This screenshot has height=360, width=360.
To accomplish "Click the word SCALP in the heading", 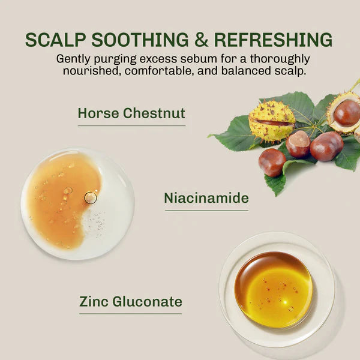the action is click(56, 40).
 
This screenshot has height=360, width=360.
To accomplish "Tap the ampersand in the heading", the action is click(201, 40).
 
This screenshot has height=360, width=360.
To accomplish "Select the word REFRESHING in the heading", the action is click(273, 40).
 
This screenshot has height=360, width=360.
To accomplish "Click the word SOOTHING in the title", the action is click(140, 40).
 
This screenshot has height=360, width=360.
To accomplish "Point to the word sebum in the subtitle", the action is click(199, 59).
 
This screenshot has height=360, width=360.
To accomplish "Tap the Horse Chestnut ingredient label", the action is click(131, 113).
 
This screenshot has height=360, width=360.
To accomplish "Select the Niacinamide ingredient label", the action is click(206, 198).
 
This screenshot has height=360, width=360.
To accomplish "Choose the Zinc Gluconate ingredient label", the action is click(131, 302).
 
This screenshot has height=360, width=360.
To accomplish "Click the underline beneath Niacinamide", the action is click(206, 211).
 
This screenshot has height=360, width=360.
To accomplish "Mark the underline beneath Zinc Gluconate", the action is click(130, 314).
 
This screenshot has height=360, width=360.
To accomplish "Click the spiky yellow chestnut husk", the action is click(272, 121).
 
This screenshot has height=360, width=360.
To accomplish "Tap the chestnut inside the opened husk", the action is click(347, 113).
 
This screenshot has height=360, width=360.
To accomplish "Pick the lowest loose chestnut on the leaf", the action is click(272, 163).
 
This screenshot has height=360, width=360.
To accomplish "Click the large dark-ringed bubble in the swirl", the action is click(91, 198).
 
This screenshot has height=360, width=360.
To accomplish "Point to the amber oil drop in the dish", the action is click(274, 290).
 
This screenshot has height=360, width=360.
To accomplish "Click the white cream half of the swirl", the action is click(110, 220).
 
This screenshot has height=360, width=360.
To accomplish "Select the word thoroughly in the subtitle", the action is click(280, 59).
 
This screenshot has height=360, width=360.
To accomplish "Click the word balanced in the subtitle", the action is click(245, 71).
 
